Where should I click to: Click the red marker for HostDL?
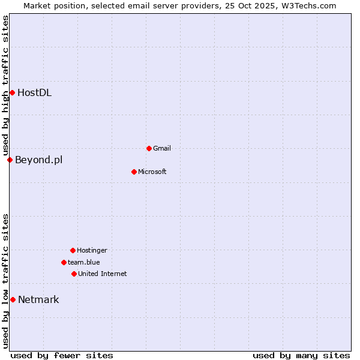[12, 92]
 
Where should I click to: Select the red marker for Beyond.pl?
[10, 160]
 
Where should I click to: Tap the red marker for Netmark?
[13, 299]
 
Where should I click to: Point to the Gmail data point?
[149, 148]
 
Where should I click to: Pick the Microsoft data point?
[134, 172]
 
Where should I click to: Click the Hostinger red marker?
[73, 250]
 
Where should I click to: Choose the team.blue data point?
[64, 262]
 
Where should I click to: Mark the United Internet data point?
[74, 274]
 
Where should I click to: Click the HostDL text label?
[34, 92]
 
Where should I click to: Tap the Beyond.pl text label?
[38, 160]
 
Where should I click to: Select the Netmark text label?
[38, 299]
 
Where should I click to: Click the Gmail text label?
[162, 148]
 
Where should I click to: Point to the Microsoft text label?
[152, 172]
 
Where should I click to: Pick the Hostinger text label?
[92, 250]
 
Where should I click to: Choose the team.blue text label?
[84, 262]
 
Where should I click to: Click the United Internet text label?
[103, 274]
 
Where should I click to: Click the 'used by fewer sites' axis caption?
[62, 355]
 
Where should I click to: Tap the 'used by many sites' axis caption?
[301, 355]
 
